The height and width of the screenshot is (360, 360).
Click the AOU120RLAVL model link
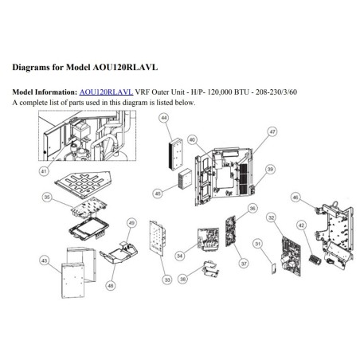[106, 92]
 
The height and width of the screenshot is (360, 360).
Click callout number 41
[44, 171]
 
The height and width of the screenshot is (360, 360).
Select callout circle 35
[47, 197]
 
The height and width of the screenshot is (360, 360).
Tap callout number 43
[45, 260]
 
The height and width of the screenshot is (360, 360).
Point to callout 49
[132, 223]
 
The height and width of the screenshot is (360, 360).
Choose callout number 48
[111, 286]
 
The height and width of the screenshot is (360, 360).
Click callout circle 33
[167, 280]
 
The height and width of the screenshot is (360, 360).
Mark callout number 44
[165, 118]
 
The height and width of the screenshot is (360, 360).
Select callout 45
[158, 194]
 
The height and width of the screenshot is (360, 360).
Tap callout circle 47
[272, 131]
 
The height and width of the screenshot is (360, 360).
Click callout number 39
[270, 169]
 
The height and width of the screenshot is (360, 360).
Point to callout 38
[183, 279]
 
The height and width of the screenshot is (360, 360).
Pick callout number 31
[257, 244]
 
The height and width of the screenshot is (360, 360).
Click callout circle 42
[301, 225]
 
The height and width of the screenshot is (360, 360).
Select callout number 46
[295, 198]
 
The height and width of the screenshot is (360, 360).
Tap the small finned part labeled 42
[315, 259]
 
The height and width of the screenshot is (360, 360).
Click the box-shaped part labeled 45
[185, 178]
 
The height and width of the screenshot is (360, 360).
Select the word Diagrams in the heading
[30, 68]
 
